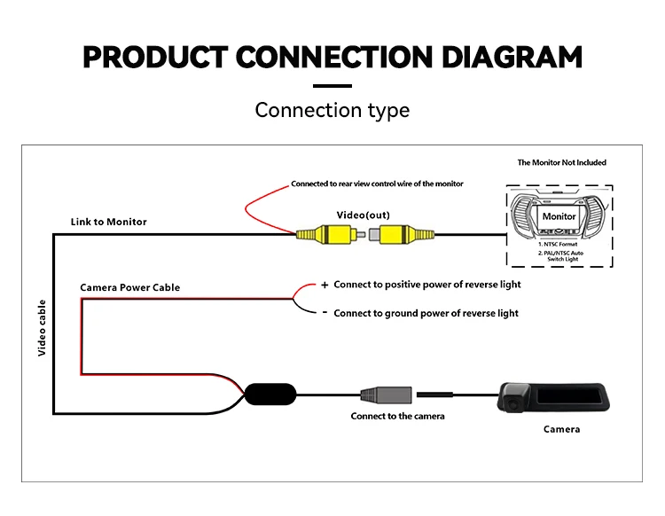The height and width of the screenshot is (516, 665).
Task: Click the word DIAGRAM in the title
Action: coord(512,58)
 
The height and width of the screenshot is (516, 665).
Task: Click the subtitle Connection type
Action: coord(332,110)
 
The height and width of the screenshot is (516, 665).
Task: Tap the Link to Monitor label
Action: coord(108,222)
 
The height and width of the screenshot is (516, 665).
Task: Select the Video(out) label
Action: coord(363,215)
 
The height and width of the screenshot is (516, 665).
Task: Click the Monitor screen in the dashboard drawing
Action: coord(559,216)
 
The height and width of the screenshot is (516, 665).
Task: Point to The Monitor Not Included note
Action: coord(561,162)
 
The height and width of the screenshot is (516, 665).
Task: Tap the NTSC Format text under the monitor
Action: coord(558,244)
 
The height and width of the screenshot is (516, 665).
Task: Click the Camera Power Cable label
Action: coord(129,287)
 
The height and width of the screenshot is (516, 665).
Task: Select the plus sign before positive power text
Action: coord(325,285)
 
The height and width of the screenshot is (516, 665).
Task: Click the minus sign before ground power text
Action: coord(325,312)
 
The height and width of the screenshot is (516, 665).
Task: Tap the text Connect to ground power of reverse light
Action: coord(426,313)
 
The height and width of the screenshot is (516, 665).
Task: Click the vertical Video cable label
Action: coord(42,328)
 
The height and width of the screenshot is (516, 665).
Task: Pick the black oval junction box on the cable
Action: coord(270,395)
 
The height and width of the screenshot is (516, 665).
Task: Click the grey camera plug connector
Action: coord(386,395)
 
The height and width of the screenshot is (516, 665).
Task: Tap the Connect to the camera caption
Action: coord(397,416)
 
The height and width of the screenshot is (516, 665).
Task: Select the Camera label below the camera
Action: coord(561,429)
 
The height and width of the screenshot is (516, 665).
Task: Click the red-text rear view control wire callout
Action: coord(377,184)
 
